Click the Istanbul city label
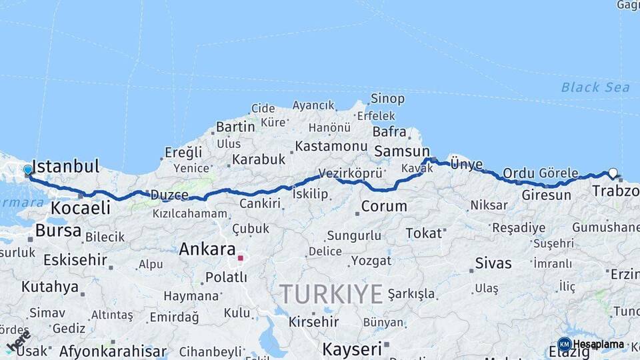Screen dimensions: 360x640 click(65, 166)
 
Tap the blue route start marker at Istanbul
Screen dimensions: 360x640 click(28, 170)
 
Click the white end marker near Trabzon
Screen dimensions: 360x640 click(613, 173)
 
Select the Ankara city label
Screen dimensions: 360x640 click(207, 250)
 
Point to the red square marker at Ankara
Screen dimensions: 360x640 click(240, 258)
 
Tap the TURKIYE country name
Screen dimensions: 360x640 click(331, 294)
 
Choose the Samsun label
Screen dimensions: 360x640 click(401, 151)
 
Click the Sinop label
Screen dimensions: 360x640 click(387, 99)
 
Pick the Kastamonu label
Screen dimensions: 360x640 click(331, 146)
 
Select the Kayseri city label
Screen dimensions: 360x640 click(352, 349)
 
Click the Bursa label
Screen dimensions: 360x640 click(58, 231)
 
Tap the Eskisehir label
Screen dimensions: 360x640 click(75, 259)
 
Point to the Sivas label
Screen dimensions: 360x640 click(493, 263)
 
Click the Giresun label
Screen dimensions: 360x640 click(546, 195)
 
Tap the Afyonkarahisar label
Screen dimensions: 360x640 click(113, 351)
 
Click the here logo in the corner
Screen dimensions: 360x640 click(18, 341)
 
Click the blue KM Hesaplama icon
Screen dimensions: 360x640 click(564, 345)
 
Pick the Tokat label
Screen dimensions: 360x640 click(423, 233)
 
